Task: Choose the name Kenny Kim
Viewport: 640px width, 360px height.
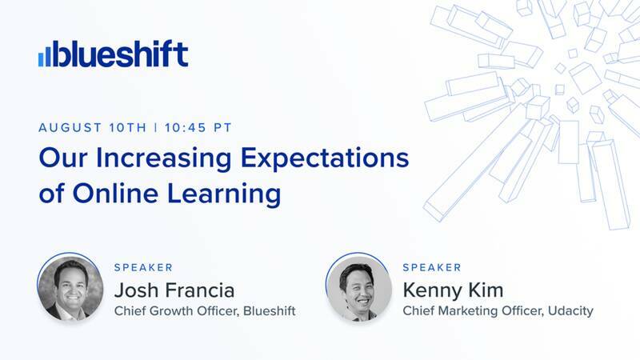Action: (x=455, y=289)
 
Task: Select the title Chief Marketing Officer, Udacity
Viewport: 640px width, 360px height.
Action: (x=498, y=310)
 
